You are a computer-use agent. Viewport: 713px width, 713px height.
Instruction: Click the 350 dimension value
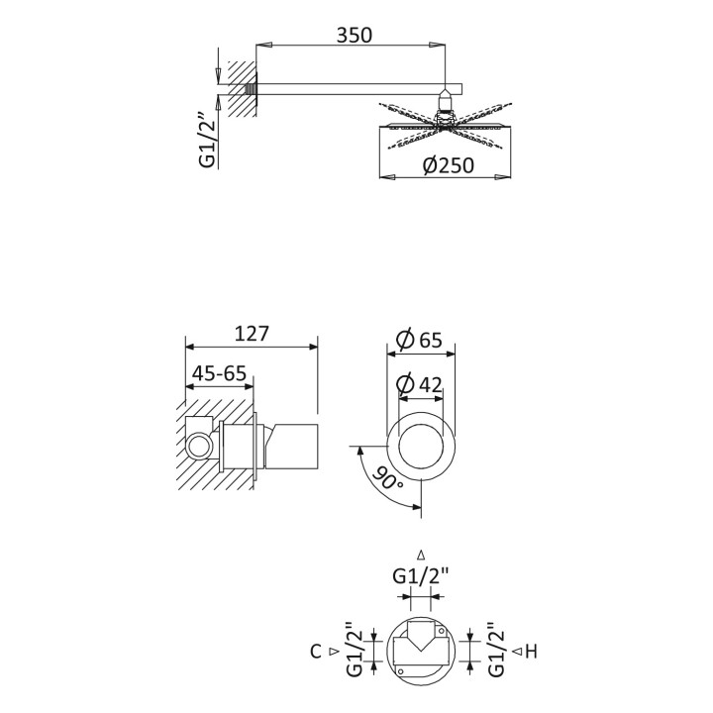click(355, 35)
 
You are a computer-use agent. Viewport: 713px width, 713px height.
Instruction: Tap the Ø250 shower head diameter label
click(448, 165)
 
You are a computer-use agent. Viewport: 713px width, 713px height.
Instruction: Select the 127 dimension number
click(252, 334)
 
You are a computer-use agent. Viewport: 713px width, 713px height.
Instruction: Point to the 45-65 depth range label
click(219, 373)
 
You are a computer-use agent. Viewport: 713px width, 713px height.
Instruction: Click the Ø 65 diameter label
click(419, 340)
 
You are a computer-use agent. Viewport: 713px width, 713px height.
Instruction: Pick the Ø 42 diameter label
click(419, 384)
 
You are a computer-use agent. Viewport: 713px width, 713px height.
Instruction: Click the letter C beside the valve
click(316, 652)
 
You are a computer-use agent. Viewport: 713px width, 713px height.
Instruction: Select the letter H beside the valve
click(531, 652)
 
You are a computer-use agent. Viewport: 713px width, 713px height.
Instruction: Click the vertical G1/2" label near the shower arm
click(208, 142)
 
